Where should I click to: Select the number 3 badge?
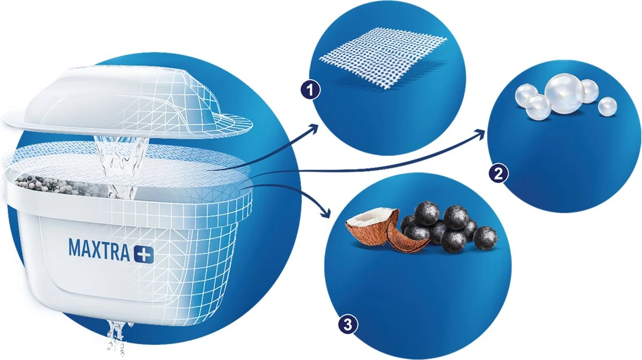tap(347, 324)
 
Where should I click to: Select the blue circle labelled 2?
tap(562, 150)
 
